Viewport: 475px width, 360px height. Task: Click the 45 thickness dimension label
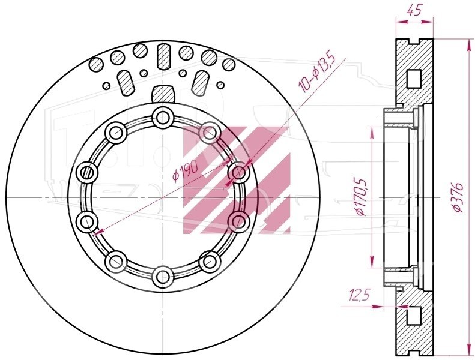414,11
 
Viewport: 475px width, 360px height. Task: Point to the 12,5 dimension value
360,295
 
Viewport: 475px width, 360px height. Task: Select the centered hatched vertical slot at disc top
163,56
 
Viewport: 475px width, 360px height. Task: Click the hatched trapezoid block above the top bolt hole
163,94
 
